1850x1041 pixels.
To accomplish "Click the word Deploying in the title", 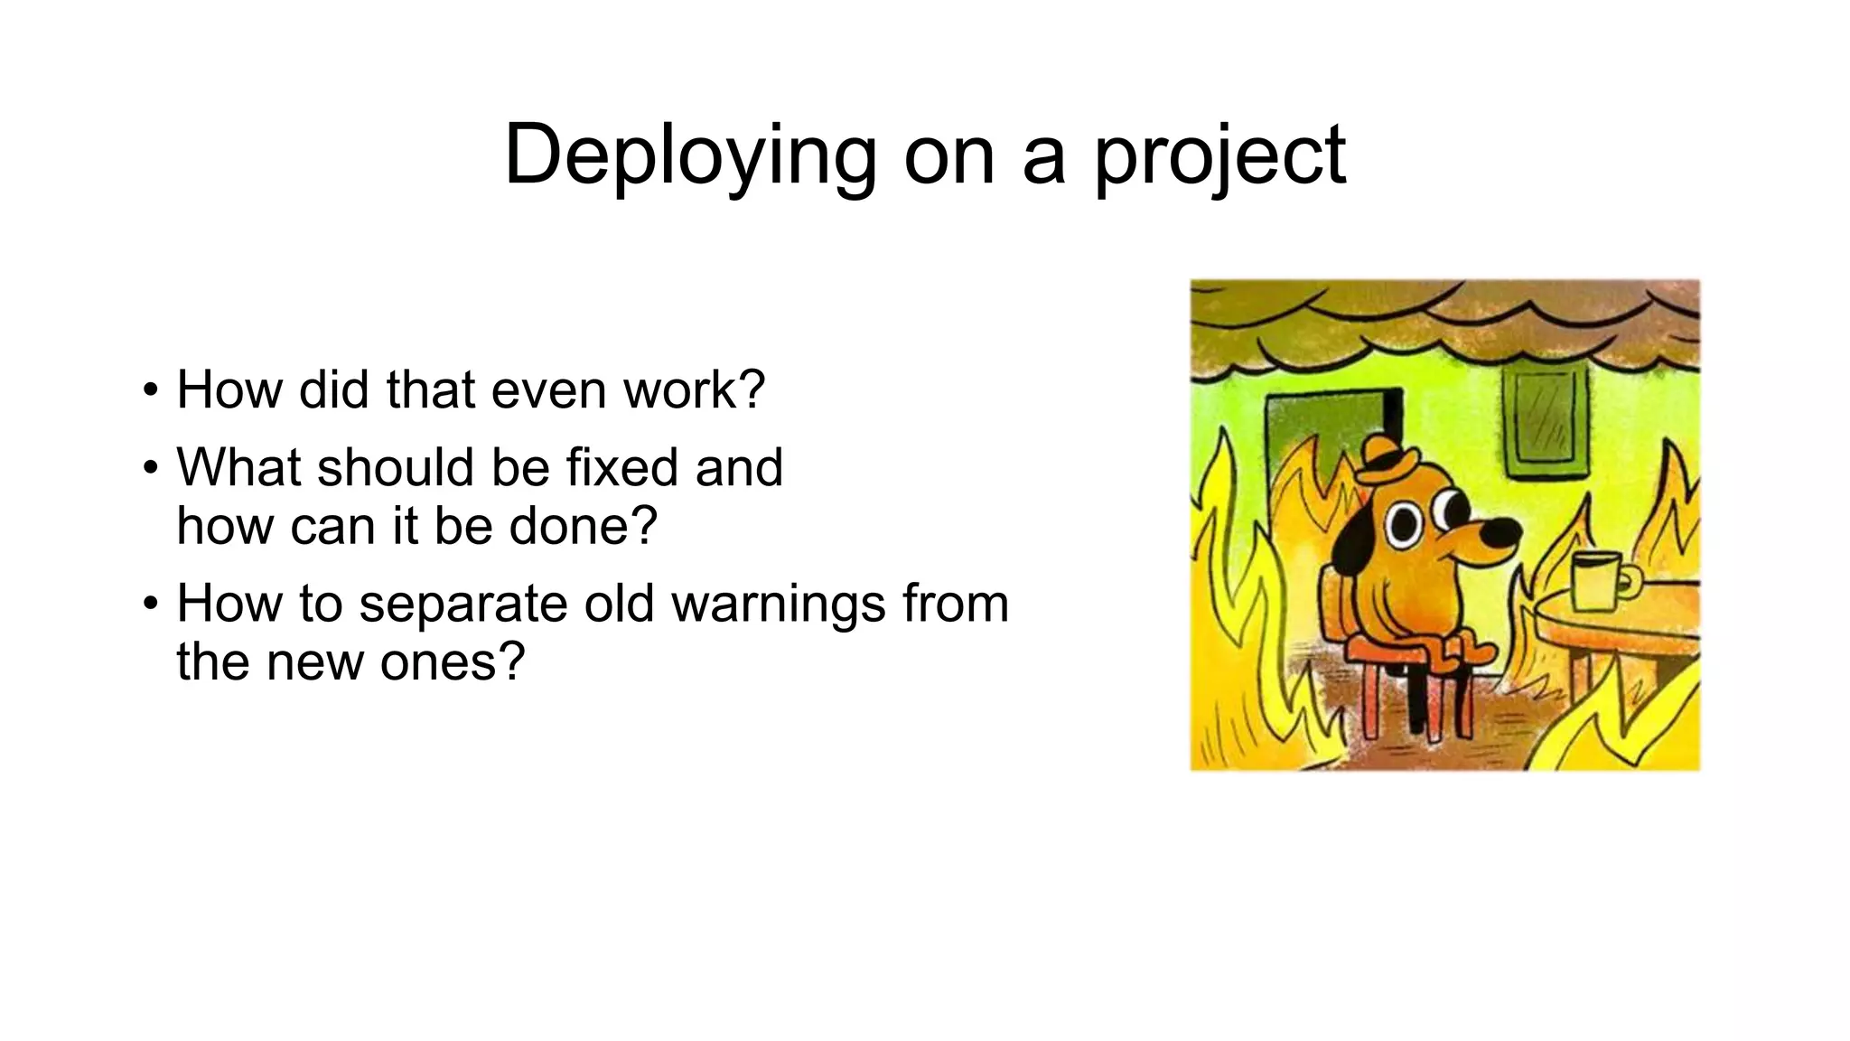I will coord(690,155).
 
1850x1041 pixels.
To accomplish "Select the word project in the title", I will coord(1219,155).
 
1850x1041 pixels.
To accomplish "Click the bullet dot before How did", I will coord(150,391).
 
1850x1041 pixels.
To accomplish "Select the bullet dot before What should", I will coord(150,469).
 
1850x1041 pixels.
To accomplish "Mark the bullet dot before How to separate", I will coord(150,605).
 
